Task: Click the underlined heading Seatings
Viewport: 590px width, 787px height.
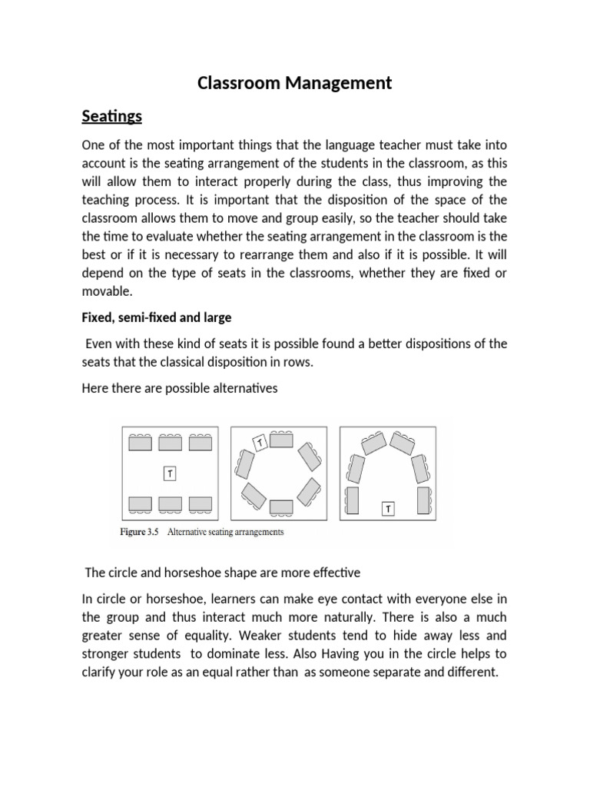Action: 112,116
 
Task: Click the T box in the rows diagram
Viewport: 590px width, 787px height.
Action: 170,474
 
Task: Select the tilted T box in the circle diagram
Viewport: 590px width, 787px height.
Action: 260,443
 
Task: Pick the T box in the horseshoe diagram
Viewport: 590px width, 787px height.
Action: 389,508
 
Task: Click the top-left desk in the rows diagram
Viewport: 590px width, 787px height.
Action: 140,443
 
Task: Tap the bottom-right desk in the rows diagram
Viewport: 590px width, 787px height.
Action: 201,503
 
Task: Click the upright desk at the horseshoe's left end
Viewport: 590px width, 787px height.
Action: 353,499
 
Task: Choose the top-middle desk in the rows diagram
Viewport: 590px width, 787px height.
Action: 170,443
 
